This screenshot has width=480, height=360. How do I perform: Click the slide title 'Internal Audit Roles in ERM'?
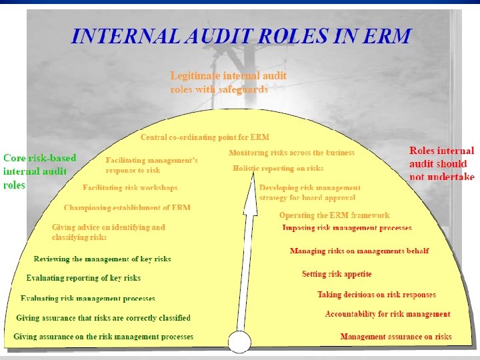[241, 35]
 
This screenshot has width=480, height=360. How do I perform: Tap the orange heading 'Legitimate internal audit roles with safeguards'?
[228, 82]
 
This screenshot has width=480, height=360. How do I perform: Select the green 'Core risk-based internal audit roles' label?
[40, 171]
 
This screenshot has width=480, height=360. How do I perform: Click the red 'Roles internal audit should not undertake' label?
[441, 163]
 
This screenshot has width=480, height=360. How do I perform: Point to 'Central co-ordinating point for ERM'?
[205, 137]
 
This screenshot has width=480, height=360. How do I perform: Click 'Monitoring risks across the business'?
[291, 153]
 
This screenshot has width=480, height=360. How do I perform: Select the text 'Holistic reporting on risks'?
[278, 169]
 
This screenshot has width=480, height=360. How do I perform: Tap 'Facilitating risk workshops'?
[130, 188]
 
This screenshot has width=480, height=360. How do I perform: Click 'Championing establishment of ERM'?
[127, 207]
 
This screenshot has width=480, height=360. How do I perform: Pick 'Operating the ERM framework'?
[334, 215]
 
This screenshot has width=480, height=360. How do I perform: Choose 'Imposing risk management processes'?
[347, 228]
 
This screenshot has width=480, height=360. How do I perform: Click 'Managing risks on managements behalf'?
[359, 251]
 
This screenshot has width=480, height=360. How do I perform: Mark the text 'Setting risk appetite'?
[337, 274]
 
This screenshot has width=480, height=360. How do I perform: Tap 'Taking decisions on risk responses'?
[376, 295]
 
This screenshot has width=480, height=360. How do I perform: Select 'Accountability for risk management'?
[387, 314]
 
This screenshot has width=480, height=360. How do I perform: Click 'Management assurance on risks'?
[395, 337]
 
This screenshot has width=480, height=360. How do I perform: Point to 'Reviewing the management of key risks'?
[102, 259]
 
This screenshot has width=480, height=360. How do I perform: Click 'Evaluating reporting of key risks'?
[83, 278]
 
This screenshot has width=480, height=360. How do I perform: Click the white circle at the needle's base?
[240, 342]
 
